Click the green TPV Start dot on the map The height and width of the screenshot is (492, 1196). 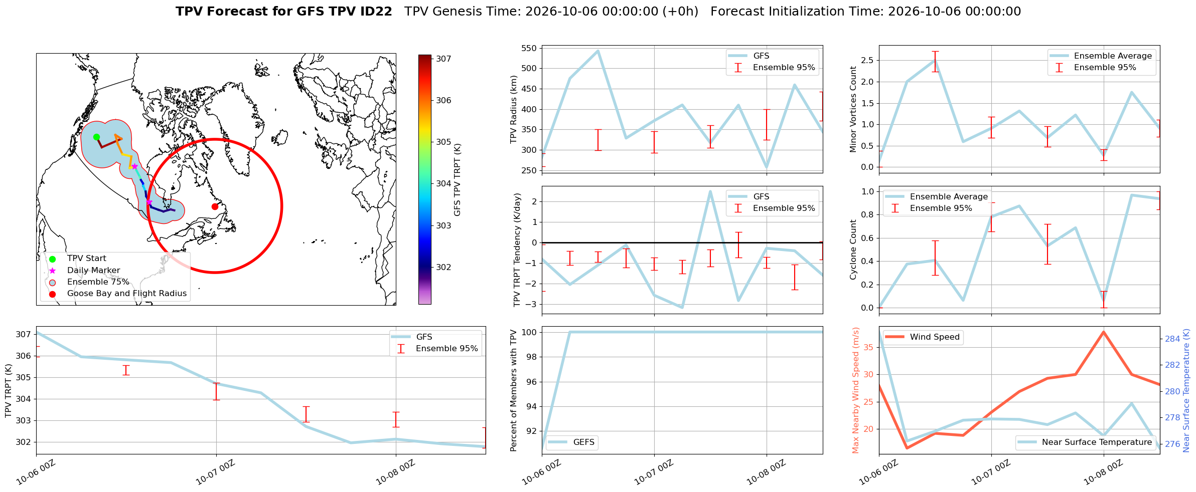point(96,137)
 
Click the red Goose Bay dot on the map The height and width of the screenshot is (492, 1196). point(215,206)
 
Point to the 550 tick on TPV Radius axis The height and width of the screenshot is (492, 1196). point(530,49)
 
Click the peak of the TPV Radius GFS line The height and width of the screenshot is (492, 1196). point(598,51)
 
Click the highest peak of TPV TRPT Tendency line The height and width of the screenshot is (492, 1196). point(710,191)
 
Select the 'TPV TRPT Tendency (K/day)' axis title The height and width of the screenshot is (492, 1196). point(517,250)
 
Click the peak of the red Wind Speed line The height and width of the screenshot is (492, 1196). point(1104,332)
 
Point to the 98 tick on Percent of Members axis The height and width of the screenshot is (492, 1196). point(532,357)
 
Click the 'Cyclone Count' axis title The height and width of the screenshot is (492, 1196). point(853,250)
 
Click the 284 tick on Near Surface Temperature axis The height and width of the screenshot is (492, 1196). point(1172,339)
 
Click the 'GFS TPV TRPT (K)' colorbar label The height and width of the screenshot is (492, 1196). point(457,180)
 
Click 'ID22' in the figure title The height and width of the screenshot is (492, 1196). point(374,12)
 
